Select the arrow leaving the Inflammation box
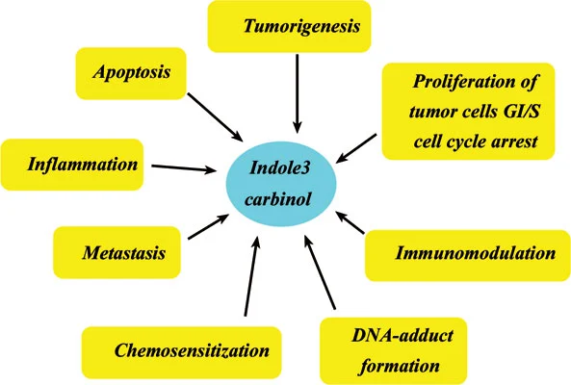pyautogui.click(x=183, y=169)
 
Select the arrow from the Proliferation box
pyautogui.click(x=355, y=145)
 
